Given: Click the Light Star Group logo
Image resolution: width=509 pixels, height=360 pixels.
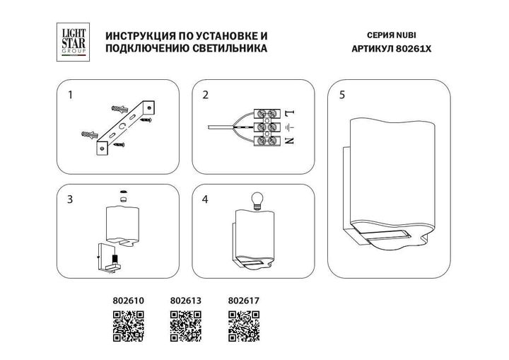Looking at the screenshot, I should click(71, 40).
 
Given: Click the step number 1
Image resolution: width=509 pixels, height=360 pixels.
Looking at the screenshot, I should click(70, 94).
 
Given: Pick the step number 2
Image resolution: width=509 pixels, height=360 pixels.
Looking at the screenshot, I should click(206, 94).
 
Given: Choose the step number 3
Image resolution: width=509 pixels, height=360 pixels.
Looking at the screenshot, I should click(70, 199).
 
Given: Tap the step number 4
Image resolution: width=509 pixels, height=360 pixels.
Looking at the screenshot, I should click(206, 199).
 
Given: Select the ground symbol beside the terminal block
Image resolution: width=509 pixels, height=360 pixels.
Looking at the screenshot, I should click(290, 127).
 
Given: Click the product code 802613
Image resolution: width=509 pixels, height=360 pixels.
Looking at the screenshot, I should click(186, 300).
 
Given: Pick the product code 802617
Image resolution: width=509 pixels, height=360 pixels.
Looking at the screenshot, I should click(244, 300).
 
